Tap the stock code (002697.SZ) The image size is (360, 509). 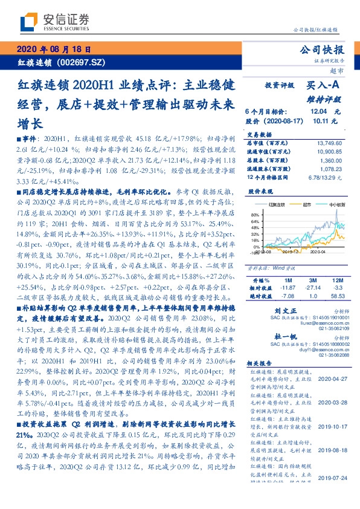(76, 62)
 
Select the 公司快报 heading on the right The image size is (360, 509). (326, 50)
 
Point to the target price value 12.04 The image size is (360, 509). (318, 112)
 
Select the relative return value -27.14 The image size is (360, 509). (312, 289)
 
